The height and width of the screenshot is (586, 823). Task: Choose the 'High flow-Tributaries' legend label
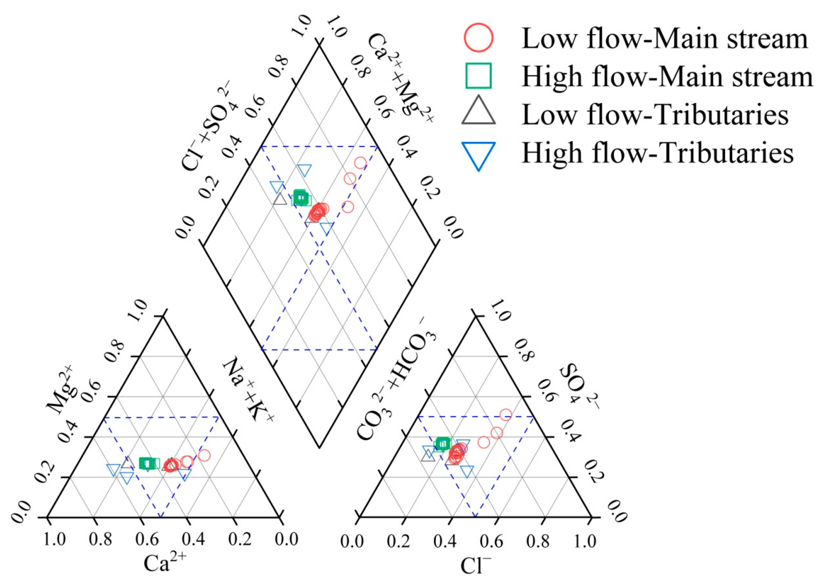pos(657,153)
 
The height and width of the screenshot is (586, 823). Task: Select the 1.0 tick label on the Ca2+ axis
pos(54,539)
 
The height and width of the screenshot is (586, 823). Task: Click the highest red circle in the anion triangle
pos(506,415)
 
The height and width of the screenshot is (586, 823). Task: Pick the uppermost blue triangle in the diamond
pos(305,170)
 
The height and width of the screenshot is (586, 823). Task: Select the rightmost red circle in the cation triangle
pos(204,455)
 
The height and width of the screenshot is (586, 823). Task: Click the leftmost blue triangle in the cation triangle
pos(113,469)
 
